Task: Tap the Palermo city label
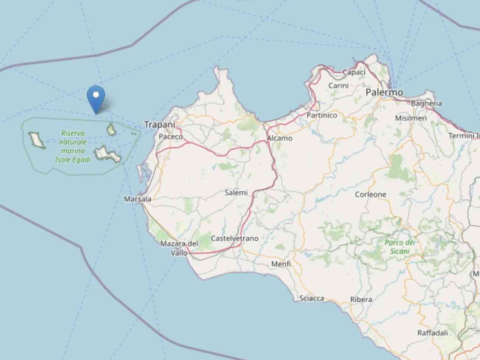pos(384,92)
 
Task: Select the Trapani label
pos(159,124)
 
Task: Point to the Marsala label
pos(138,199)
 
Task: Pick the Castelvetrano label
pos(235,239)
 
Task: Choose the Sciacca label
pos(311,298)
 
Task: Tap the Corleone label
pos(370,194)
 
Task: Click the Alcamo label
pos(280,138)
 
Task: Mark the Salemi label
pos(236,192)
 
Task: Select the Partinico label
pos(322,115)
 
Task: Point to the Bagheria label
pos(426,103)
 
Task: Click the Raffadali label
pos(432,333)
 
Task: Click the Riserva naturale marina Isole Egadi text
pos(73,146)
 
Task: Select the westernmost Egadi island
pos(36,140)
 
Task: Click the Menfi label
pos(281,264)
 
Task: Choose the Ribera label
pos(361,299)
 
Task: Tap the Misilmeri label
pos(411,118)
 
